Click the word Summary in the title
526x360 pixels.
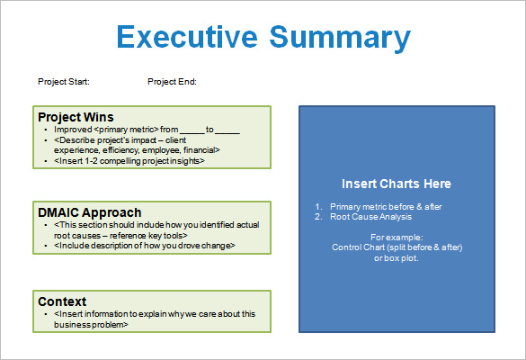click(x=340, y=38)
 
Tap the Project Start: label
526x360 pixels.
click(x=64, y=82)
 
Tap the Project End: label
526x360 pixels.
click(x=172, y=82)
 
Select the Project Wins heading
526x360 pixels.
click(x=76, y=117)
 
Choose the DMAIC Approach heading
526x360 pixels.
click(x=89, y=212)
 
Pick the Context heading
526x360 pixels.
click(x=62, y=301)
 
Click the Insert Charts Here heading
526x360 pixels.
click(x=397, y=184)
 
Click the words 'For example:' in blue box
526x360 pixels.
click(x=397, y=236)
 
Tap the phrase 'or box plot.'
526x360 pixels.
click(x=397, y=257)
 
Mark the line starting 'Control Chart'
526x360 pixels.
click(x=397, y=247)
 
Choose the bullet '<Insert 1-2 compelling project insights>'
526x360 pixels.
click(x=129, y=161)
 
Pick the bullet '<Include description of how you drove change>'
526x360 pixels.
click(x=145, y=245)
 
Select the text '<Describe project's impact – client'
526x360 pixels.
click(x=126, y=140)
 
